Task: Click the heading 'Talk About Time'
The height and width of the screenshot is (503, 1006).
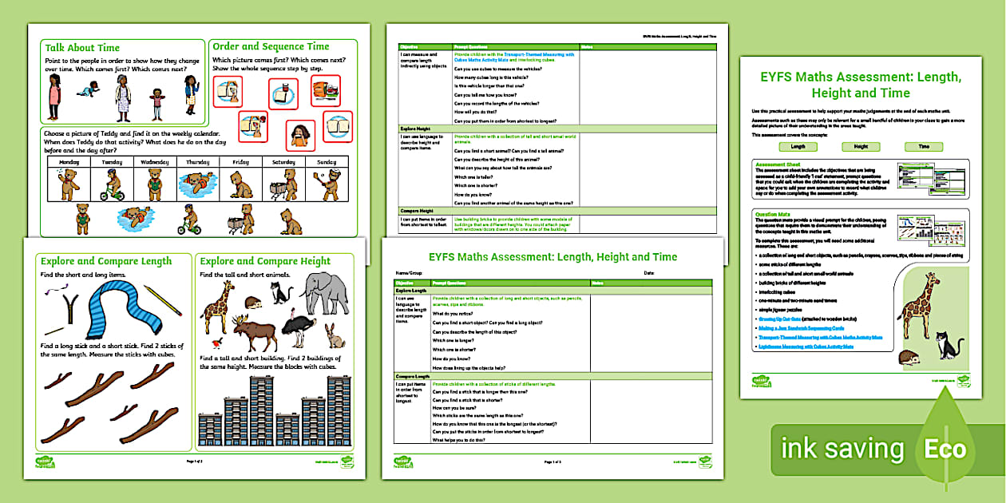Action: pos(82,48)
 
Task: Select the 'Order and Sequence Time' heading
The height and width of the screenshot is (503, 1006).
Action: pos(271,47)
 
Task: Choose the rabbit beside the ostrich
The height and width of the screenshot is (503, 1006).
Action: pos(335,335)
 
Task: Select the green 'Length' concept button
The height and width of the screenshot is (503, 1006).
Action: pos(798,147)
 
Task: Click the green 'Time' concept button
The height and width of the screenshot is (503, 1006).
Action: pos(923,147)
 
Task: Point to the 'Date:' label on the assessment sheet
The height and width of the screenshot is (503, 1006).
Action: pos(648,273)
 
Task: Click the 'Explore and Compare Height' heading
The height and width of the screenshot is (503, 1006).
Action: pos(265,261)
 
